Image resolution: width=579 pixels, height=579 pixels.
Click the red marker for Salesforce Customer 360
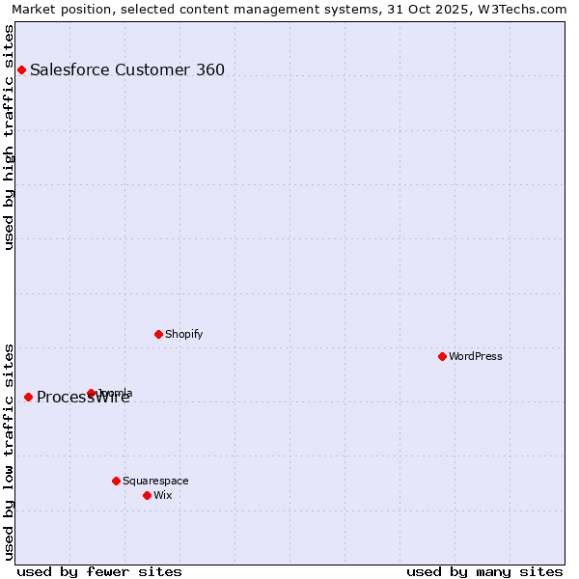point(21,69)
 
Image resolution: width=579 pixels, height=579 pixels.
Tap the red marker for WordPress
point(442,356)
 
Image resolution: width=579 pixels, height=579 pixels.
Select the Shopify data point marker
point(158,334)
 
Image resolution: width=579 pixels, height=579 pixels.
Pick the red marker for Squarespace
point(116,481)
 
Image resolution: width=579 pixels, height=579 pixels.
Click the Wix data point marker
point(147,495)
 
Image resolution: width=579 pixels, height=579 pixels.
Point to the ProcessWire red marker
point(28,397)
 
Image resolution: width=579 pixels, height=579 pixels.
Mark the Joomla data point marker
point(91,393)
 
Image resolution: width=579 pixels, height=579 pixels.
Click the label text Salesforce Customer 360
point(126,69)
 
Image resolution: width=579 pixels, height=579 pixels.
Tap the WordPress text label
point(476,356)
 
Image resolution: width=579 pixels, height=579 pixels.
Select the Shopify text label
point(183,334)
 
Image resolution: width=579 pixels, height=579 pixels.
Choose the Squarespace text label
point(155,481)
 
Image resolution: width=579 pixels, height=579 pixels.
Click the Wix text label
point(162,495)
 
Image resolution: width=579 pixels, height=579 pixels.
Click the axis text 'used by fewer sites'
point(99,571)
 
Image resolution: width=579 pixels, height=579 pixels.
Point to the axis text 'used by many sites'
point(484,571)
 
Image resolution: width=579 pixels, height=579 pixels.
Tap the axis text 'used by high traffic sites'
point(9,137)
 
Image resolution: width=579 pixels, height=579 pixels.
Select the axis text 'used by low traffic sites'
point(9,452)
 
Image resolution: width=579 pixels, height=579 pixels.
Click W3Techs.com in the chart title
point(528,9)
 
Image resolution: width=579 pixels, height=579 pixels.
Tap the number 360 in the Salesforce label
point(210,69)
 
